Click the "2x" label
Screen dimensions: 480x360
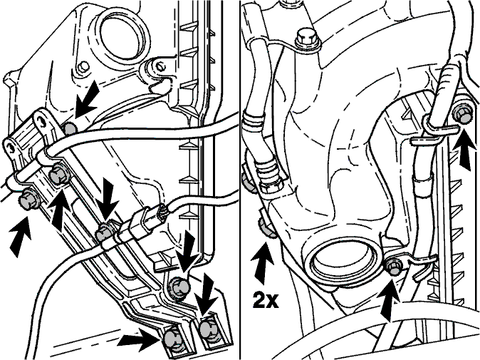click(x=266, y=301)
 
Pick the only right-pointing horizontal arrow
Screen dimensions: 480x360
click(x=138, y=339)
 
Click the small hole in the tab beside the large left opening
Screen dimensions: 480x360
click(x=83, y=66)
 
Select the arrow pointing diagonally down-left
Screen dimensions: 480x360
click(x=87, y=100)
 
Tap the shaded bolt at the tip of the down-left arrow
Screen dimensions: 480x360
click(x=71, y=129)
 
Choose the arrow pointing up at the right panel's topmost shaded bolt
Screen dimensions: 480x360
click(x=464, y=151)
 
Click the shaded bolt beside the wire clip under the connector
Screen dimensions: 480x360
click(x=104, y=233)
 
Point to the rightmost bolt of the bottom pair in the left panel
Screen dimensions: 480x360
click(x=207, y=329)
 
